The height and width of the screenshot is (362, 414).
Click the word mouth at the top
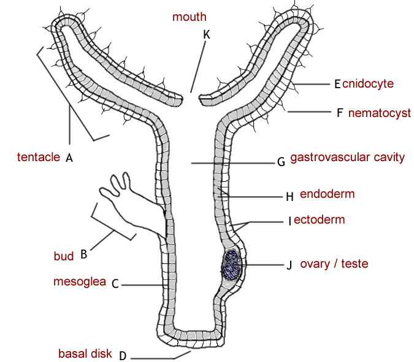(189, 17)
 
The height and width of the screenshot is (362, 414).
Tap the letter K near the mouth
(206, 35)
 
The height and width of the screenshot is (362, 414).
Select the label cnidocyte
(368, 83)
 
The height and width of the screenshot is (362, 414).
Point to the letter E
(337, 84)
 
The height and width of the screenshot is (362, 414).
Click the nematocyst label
(379, 113)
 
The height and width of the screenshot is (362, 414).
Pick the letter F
(339, 113)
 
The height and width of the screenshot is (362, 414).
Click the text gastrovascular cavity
(347, 157)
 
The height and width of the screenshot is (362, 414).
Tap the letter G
(281, 162)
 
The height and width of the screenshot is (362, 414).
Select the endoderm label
(328, 194)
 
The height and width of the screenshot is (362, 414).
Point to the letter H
(290, 197)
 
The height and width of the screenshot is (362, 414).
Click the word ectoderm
(319, 219)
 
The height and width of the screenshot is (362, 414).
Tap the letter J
(289, 265)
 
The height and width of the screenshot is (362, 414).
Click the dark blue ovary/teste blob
(231, 266)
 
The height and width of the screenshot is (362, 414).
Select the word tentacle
(39, 157)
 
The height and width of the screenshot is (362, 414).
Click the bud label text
(64, 257)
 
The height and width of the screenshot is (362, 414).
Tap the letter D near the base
(122, 355)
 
